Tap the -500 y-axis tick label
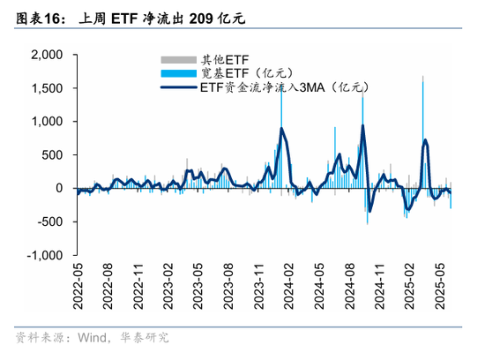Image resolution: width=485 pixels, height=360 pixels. tap(49, 221)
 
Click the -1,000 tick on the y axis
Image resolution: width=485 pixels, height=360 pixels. tap(44, 255)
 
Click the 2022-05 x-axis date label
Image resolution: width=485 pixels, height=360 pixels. tap(78, 286)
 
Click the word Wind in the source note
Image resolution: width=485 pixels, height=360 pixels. tap(91, 337)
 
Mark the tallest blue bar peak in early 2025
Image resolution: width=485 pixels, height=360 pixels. tap(423, 78)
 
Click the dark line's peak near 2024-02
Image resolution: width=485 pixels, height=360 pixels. tap(281, 129)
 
